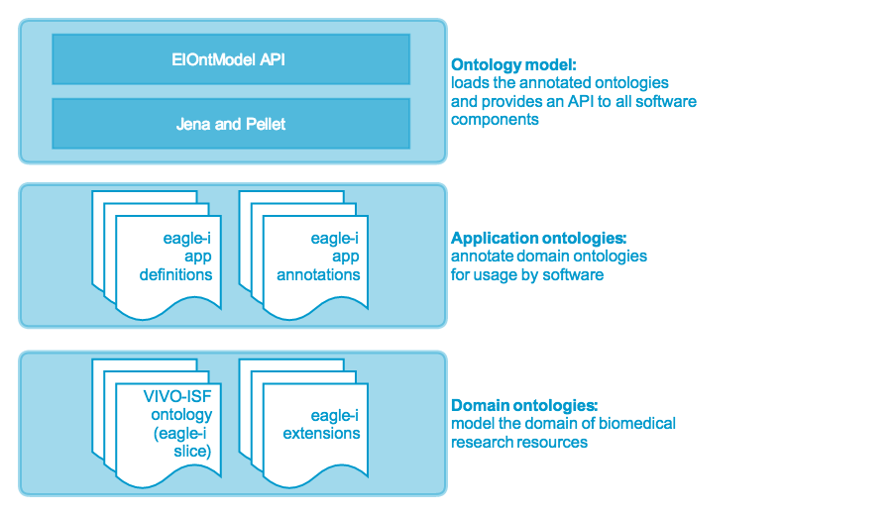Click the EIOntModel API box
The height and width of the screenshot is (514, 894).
[231, 59]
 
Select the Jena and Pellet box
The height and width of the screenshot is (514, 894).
[231, 124]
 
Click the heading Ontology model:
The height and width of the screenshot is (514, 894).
[513, 65]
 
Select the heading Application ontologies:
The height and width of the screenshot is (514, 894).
[539, 238]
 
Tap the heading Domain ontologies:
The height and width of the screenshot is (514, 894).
[524, 405]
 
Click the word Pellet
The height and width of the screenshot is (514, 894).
[266, 124]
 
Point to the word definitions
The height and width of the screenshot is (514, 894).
[175, 274]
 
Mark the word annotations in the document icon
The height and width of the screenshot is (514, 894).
[318, 274]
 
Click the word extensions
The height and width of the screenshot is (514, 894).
[321, 433]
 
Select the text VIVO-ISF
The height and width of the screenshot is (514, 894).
[177, 396]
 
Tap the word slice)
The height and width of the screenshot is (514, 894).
[192, 452]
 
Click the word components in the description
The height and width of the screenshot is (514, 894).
[495, 120]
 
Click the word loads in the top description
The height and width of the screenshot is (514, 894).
[470, 82]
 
